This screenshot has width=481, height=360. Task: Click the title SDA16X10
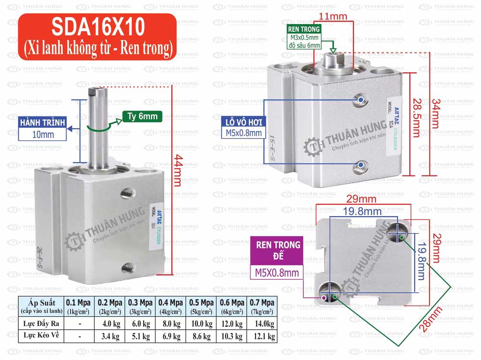click(96, 27)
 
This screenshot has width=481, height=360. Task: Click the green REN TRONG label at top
click(304, 29)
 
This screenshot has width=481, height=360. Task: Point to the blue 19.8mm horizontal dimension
click(362, 211)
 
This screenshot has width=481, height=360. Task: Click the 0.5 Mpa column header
click(201, 303)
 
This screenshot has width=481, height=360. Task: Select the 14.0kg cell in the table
click(262, 323)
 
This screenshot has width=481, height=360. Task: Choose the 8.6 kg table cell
click(201, 336)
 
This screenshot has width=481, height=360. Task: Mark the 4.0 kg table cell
click(110, 323)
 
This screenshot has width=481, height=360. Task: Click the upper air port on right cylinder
click(361, 99)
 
